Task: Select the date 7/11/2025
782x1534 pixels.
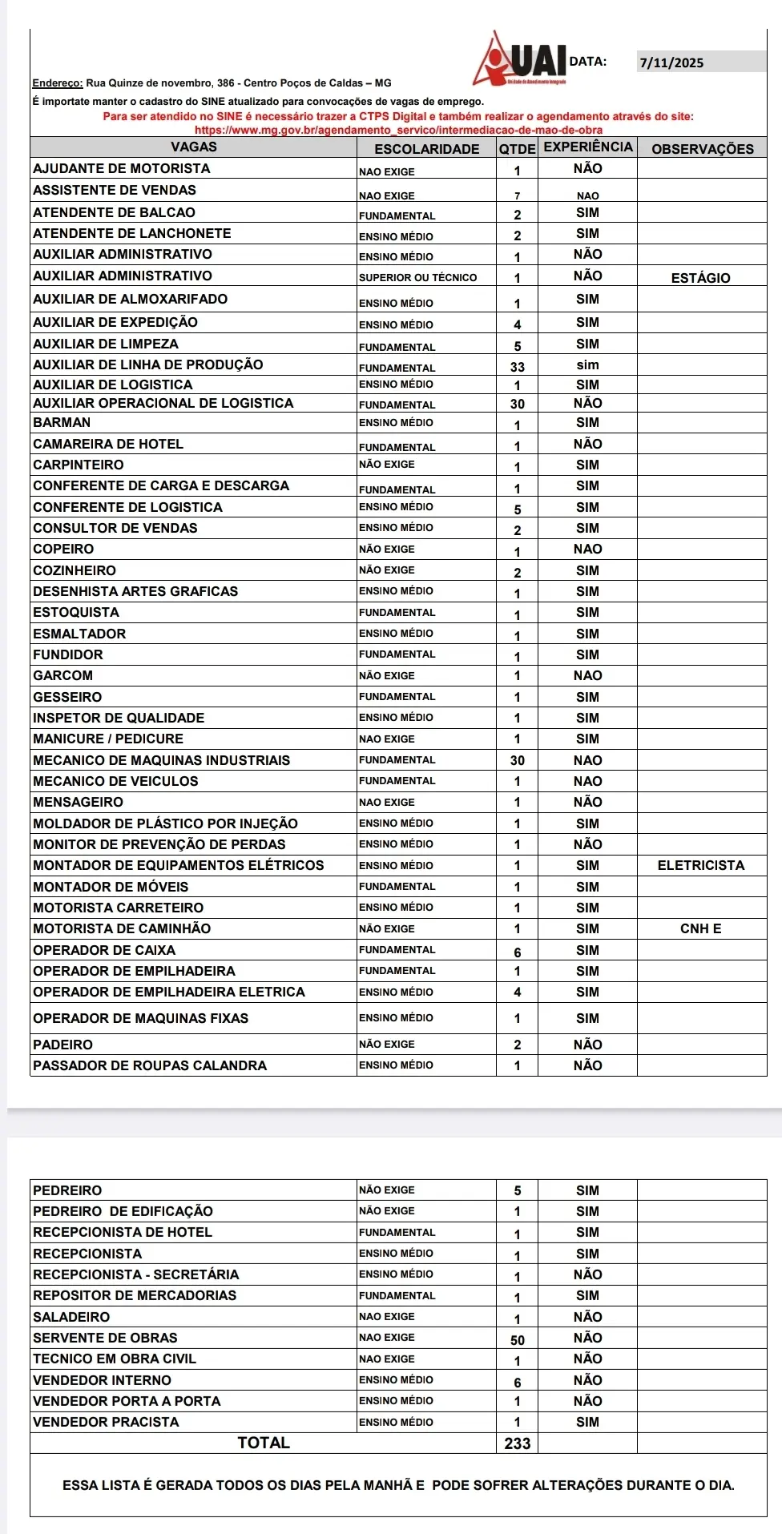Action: [671, 62]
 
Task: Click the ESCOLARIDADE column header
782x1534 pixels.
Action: [426, 149]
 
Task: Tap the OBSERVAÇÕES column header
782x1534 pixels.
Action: [702, 149]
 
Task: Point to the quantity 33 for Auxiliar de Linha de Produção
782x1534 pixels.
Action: [518, 367]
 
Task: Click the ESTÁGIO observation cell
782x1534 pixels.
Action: [700, 278]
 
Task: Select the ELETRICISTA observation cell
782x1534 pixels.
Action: [700, 865]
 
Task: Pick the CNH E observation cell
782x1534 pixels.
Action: [700, 928]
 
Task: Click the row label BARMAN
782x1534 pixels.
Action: [62, 422]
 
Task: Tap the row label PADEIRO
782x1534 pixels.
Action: [62, 1045]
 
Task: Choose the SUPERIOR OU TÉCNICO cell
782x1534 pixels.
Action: [417, 277]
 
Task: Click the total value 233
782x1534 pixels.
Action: [518, 1443]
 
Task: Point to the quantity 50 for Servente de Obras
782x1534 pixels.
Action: [518, 1340]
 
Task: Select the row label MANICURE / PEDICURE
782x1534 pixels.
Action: [108, 739]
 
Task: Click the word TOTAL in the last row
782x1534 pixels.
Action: [264, 1443]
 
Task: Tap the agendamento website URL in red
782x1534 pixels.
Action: [398, 130]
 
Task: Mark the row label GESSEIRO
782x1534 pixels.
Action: [67, 697]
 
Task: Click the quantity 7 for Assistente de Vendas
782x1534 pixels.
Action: [518, 195]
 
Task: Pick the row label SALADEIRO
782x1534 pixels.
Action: [71, 1317]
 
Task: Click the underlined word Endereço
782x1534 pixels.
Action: [58, 83]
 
